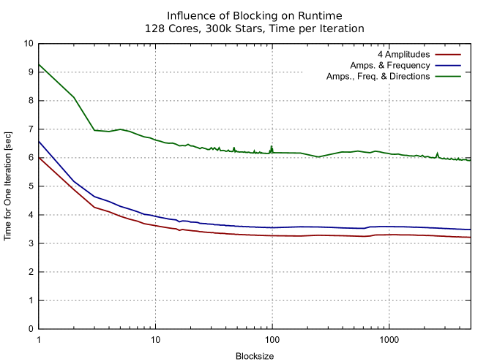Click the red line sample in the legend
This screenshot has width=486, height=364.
pyautogui.click(x=448, y=54)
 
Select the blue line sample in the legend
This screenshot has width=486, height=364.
pyautogui.click(x=448, y=65)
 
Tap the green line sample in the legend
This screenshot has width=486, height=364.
pyautogui.click(x=448, y=76)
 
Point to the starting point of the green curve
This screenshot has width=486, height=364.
pyautogui.click(x=40, y=65)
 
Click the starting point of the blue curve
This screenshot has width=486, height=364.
pyautogui.click(x=40, y=143)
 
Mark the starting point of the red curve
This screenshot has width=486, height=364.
pyautogui.click(x=40, y=158)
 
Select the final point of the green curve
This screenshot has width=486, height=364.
pyautogui.click(x=470, y=160)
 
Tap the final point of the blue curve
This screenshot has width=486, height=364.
pyautogui.click(x=470, y=230)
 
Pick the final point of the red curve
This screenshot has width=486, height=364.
pyautogui.click(x=470, y=238)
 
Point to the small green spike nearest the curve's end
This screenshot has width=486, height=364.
pyautogui.click(x=438, y=153)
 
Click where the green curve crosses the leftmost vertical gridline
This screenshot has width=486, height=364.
pyautogui.click(x=155, y=139)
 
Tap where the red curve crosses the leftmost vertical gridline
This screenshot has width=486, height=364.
pyautogui.click(x=155, y=225)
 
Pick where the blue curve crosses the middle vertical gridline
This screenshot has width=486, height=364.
pyautogui.click(x=272, y=227)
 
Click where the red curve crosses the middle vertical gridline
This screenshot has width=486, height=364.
pyautogui.click(x=272, y=235)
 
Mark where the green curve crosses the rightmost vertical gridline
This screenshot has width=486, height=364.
pyautogui.click(x=389, y=153)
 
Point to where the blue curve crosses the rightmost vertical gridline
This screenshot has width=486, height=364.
pyautogui.click(x=389, y=227)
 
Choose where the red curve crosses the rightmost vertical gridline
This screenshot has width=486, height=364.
pyautogui.click(x=389, y=235)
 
